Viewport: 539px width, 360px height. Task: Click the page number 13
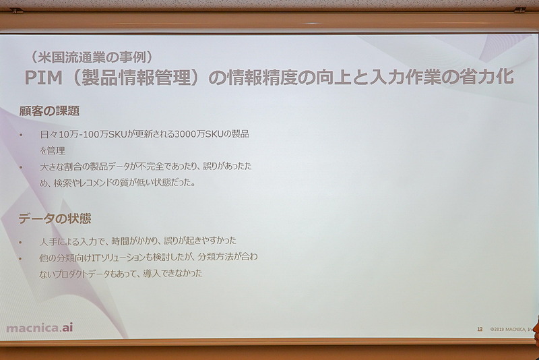pos(480,329)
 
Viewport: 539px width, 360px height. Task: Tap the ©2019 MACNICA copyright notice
pos(511,329)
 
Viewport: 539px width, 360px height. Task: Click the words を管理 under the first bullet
pos(51,151)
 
